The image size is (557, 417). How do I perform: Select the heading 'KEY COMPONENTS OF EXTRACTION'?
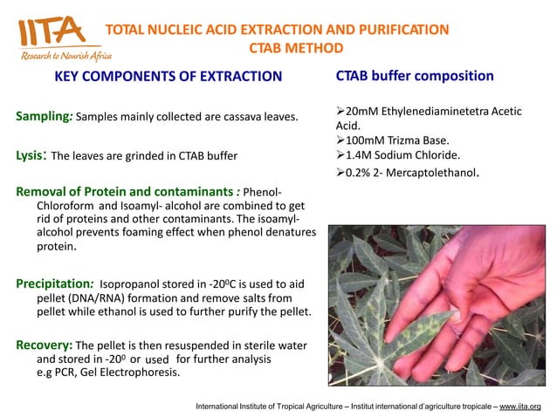[x=168, y=77]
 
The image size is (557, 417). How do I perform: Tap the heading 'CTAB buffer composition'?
[x=415, y=76]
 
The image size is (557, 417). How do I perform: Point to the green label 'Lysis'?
[x=31, y=156]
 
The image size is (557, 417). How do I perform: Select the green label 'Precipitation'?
[x=54, y=284]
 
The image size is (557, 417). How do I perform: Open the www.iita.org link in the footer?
[x=519, y=407]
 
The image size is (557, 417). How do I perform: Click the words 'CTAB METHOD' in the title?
[x=296, y=48]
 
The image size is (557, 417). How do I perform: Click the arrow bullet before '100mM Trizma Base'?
[x=341, y=140]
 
